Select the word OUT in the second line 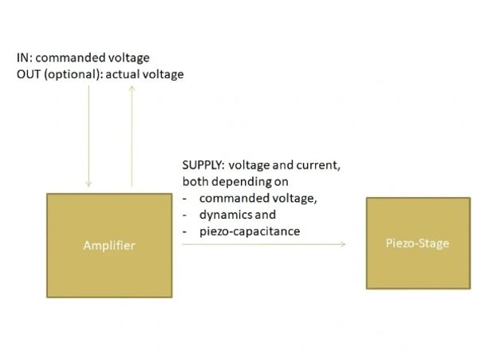click(28, 74)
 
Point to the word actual click(123, 74)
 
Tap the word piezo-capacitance click(250, 231)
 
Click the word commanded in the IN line click(61, 57)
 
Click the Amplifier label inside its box click(109, 246)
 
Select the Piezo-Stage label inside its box click(417, 243)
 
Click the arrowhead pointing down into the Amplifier click(89, 184)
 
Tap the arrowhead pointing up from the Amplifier click(132, 89)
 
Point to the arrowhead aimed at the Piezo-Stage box click(342, 244)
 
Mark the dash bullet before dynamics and click(184, 216)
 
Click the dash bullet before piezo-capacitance click(184, 232)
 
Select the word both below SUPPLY click(195, 182)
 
